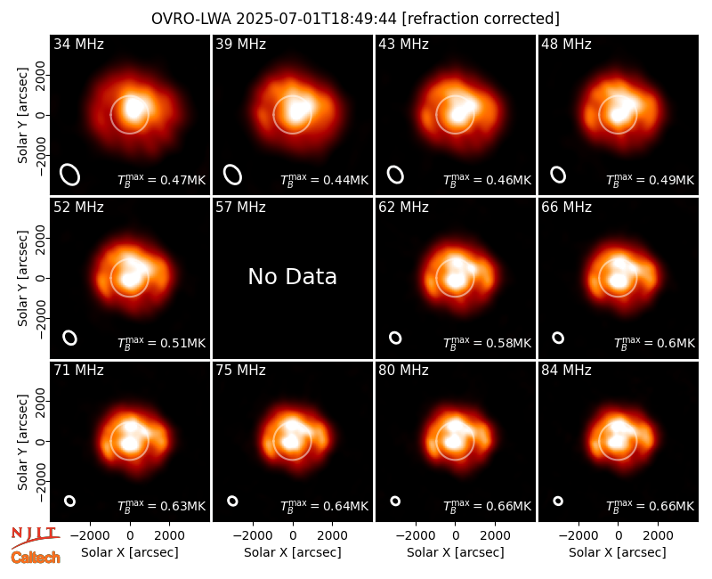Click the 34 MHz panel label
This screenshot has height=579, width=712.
[78, 44]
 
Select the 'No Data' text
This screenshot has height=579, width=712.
[293, 276]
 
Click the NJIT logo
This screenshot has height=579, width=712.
[35, 537]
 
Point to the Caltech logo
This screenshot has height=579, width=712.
[36, 558]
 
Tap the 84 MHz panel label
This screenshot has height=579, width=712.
[566, 371]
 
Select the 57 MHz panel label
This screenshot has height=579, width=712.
[240, 208]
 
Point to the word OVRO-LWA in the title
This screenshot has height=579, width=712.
[191, 19]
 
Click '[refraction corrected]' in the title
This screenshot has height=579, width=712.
[481, 19]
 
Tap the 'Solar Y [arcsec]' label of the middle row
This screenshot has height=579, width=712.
[22, 278]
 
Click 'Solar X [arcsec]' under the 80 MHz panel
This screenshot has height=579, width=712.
[456, 552]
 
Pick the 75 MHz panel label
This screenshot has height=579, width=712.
[240, 371]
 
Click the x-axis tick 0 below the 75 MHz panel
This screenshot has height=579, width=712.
[293, 536]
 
